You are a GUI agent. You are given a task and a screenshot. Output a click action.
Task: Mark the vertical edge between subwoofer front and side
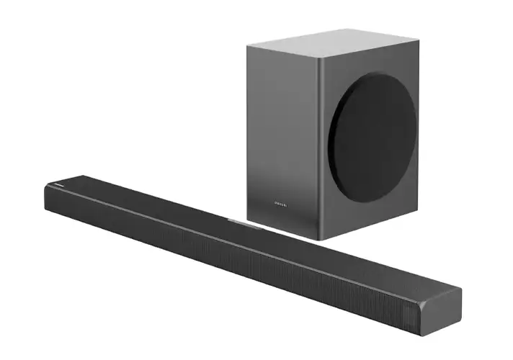click(x=322, y=144)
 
